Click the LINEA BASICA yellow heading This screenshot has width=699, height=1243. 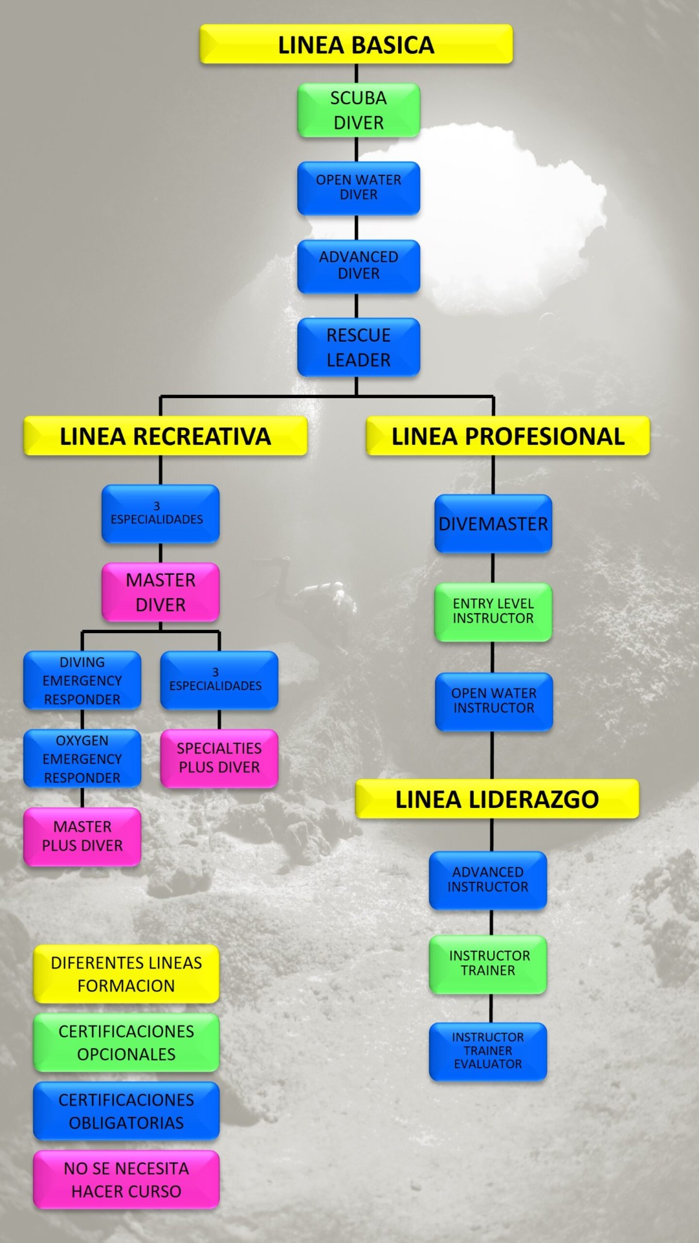coord(356,45)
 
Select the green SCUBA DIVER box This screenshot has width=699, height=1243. coord(359,110)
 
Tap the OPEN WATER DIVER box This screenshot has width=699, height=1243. coord(359,188)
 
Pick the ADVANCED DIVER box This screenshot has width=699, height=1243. coord(359,265)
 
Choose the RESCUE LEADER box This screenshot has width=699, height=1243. coord(359,347)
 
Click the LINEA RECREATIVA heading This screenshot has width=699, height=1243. coord(165,436)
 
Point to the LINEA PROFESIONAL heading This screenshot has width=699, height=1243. coord(508,436)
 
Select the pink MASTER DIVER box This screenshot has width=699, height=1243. coord(161,592)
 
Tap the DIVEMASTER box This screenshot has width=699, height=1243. coord(493,524)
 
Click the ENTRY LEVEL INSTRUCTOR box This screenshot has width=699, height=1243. coord(493,612)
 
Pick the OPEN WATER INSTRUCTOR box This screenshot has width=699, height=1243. coord(494,701)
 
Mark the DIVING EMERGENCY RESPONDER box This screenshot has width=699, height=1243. coord(82,680)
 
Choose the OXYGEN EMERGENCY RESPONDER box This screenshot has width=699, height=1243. coord(82,759)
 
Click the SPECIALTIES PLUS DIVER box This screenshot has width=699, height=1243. coord(219,758)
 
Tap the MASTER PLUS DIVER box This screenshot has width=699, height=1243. coord(82,836)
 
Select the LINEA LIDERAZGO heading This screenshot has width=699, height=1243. coord(497,800)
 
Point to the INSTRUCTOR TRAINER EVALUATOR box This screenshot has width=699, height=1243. coord(488,1051)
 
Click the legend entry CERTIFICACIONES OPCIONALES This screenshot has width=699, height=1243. coord(126,1042)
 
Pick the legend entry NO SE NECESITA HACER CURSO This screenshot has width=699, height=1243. coord(126,1180)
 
